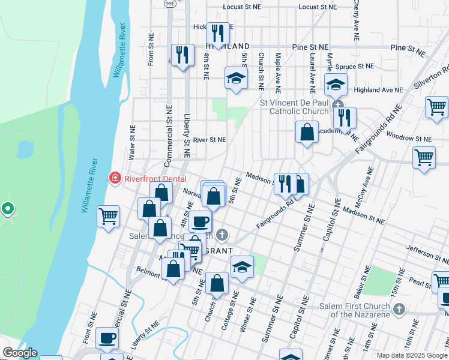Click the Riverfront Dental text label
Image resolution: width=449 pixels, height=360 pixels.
(x=155, y=178)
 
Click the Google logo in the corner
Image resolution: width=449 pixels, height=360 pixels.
(x=20, y=353)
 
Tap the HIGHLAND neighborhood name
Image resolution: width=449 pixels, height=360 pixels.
(x=228, y=46)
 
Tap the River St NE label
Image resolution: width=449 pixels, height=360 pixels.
(x=209, y=140)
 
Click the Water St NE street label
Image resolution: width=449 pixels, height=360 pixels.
(x=131, y=142)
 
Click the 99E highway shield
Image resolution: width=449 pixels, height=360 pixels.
(x=170, y=3)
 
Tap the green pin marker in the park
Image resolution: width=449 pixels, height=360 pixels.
(x=7, y=209)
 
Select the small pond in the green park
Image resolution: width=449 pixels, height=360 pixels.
(x=25, y=148)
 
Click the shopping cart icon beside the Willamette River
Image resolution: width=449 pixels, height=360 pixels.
(x=108, y=217)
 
